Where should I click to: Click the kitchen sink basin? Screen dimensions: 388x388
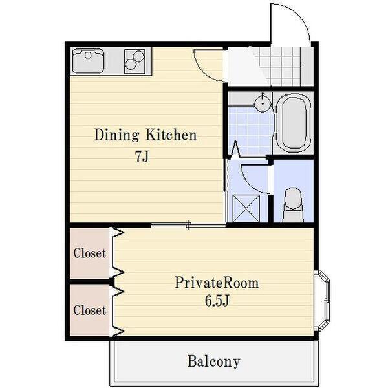click(x=88, y=61)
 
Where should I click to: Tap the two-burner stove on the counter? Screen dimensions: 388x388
click(x=135, y=61)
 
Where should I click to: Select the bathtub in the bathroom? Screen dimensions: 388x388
click(x=293, y=122)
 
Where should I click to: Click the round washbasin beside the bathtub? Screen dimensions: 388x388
click(x=263, y=103)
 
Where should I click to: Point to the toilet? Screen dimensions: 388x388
click(x=294, y=205)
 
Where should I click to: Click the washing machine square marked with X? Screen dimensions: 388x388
click(x=246, y=208)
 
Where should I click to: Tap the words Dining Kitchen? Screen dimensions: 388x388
click(x=145, y=135)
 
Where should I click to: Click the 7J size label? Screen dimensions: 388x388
click(x=142, y=156)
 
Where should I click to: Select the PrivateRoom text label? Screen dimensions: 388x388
click(x=217, y=283)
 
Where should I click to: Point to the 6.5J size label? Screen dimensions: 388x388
click(x=217, y=301)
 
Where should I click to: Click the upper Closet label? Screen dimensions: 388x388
click(x=90, y=253)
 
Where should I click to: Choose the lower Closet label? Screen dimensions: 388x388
click(x=90, y=310)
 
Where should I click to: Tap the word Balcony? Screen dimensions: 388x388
click(x=214, y=361)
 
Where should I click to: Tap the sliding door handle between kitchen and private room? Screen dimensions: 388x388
click(x=189, y=225)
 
